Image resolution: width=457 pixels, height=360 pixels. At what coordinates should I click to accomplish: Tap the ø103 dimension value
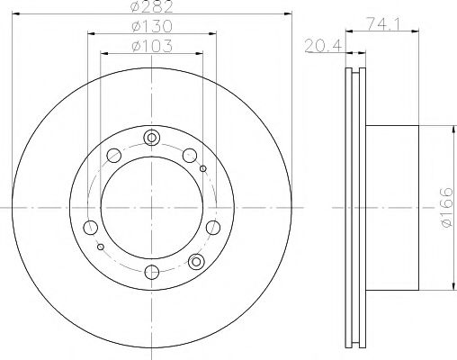coord(151,46)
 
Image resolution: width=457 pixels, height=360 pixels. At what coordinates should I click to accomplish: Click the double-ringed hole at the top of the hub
coord(151,138)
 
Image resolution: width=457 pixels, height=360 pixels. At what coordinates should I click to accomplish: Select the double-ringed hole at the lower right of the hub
coord(197,261)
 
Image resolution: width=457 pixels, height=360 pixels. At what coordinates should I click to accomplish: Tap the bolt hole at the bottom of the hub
coord(151,271)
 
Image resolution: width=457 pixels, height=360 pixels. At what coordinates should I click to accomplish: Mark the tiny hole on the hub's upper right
coord(203,168)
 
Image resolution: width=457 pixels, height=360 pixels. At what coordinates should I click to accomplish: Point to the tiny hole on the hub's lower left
coord(101,246)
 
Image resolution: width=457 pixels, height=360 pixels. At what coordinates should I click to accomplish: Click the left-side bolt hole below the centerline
coord(91,227)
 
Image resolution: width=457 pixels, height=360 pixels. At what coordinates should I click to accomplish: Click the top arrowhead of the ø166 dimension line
coord(447,128)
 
